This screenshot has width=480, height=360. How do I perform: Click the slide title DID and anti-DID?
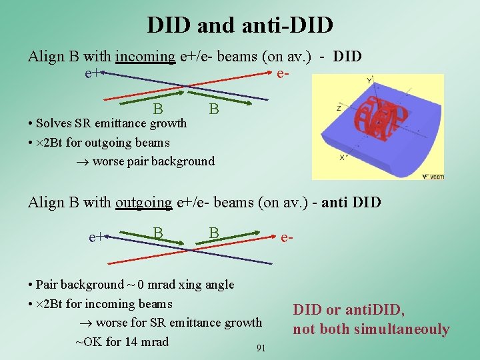240,25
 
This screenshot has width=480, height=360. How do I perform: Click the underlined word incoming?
145,56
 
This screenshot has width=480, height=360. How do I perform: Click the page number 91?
261,348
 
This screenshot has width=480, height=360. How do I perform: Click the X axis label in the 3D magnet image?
342,157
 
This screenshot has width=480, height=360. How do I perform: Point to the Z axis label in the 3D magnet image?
340,107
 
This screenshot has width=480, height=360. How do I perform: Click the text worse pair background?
153,161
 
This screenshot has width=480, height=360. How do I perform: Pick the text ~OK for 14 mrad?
122,342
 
